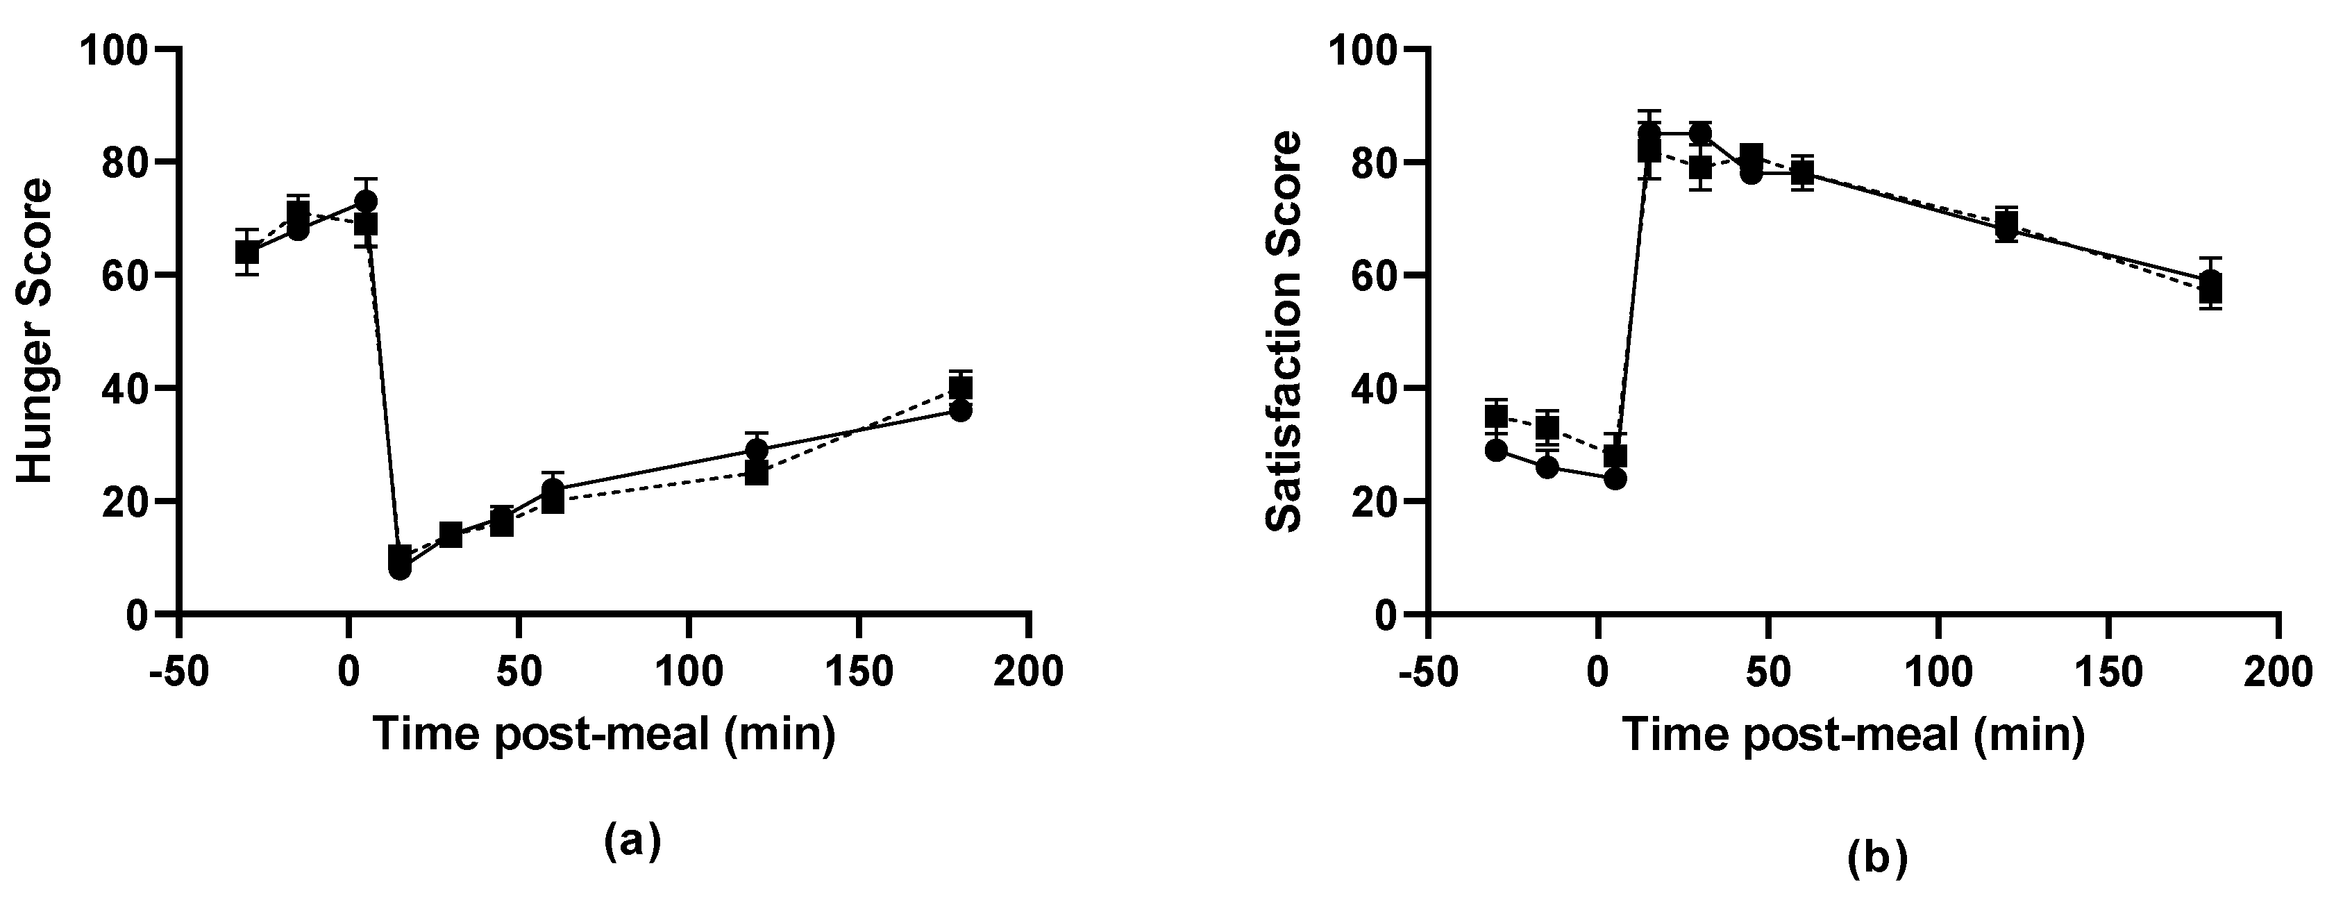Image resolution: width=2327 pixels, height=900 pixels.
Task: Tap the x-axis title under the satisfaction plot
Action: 1853,734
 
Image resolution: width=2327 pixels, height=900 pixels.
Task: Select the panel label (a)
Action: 632,841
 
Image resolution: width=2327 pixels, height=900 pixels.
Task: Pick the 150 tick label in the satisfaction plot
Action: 2108,672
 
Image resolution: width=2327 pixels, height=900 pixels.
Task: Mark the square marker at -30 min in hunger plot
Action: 246,252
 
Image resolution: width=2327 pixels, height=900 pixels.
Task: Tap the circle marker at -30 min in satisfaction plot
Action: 1496,450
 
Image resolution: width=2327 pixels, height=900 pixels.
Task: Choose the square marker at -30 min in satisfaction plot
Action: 1496,416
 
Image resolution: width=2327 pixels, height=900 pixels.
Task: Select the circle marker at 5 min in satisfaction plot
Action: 1615,478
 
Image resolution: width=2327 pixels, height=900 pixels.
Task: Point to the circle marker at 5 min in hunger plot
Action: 366,201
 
